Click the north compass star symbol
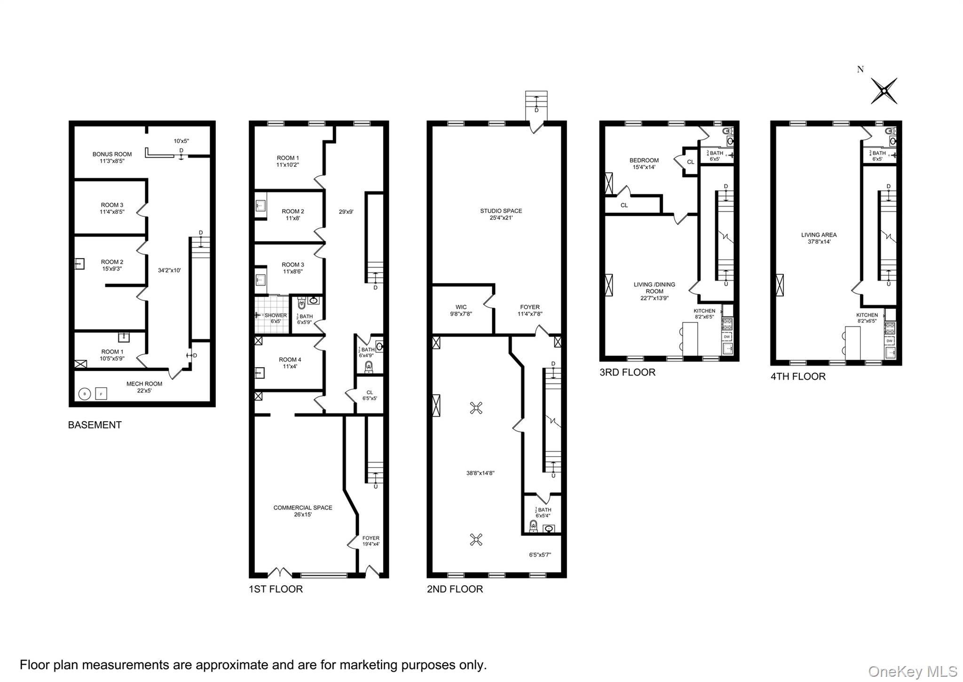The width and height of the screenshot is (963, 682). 884,91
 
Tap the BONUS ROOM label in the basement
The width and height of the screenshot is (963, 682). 112,154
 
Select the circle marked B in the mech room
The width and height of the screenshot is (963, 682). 85,393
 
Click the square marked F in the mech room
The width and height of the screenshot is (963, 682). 101,393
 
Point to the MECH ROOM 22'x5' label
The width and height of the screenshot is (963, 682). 144,387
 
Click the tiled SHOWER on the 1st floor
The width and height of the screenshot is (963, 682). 271,314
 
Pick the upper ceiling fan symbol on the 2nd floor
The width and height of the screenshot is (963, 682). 476,408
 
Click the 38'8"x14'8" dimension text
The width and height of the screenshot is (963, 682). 480,473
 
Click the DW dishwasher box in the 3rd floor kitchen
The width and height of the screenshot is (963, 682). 727,337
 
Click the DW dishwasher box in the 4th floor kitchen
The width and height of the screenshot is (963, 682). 889,341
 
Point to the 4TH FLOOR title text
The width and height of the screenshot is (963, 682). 797,376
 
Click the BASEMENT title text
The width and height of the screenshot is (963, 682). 95,425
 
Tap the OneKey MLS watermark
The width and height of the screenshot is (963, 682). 912,671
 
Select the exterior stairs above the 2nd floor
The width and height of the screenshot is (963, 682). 536,102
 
